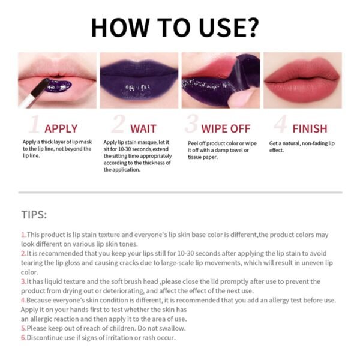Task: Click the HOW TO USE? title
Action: click(x=175, y=27)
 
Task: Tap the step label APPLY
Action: click(x=61, y=128)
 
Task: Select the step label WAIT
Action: click(x=143, y=128)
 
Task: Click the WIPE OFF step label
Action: click(x=226, y=128)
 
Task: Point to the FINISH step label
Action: click(x=310, y=128)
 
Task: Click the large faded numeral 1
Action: click(x=35, y=125)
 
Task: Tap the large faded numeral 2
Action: click(x=118, y=125)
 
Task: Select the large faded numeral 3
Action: click(x=191, y=125)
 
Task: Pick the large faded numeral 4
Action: click(x=280, y=125)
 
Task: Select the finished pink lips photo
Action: click(x=302, y=80)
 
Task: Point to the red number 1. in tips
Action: click(x=23, y=235)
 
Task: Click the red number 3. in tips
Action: click(x=23, y=281)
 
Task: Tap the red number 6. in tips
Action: click(x=23, y=337)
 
